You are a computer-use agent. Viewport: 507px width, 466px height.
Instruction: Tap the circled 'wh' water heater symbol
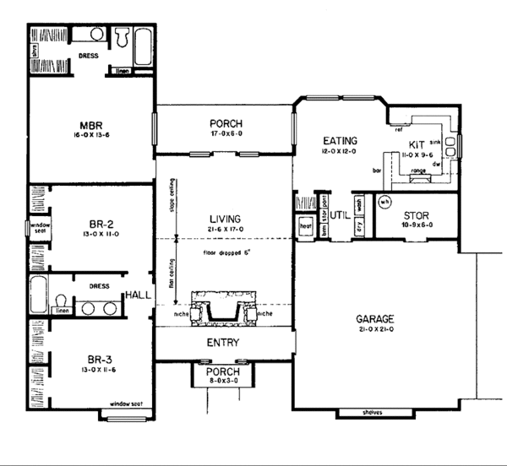coord(384,203)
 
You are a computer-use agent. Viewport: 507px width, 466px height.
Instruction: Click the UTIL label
coord(341,215)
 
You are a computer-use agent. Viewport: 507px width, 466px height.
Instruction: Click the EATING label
coord(340,140)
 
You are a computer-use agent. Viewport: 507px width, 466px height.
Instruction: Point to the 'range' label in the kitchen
coord(417,171)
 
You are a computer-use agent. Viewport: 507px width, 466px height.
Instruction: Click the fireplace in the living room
coord(224,308)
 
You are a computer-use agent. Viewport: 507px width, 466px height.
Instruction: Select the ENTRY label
coord(224,344)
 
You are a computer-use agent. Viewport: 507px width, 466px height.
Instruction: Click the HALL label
coord(138,295)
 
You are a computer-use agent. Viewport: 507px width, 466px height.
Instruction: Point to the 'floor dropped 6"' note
coord(225,252)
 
